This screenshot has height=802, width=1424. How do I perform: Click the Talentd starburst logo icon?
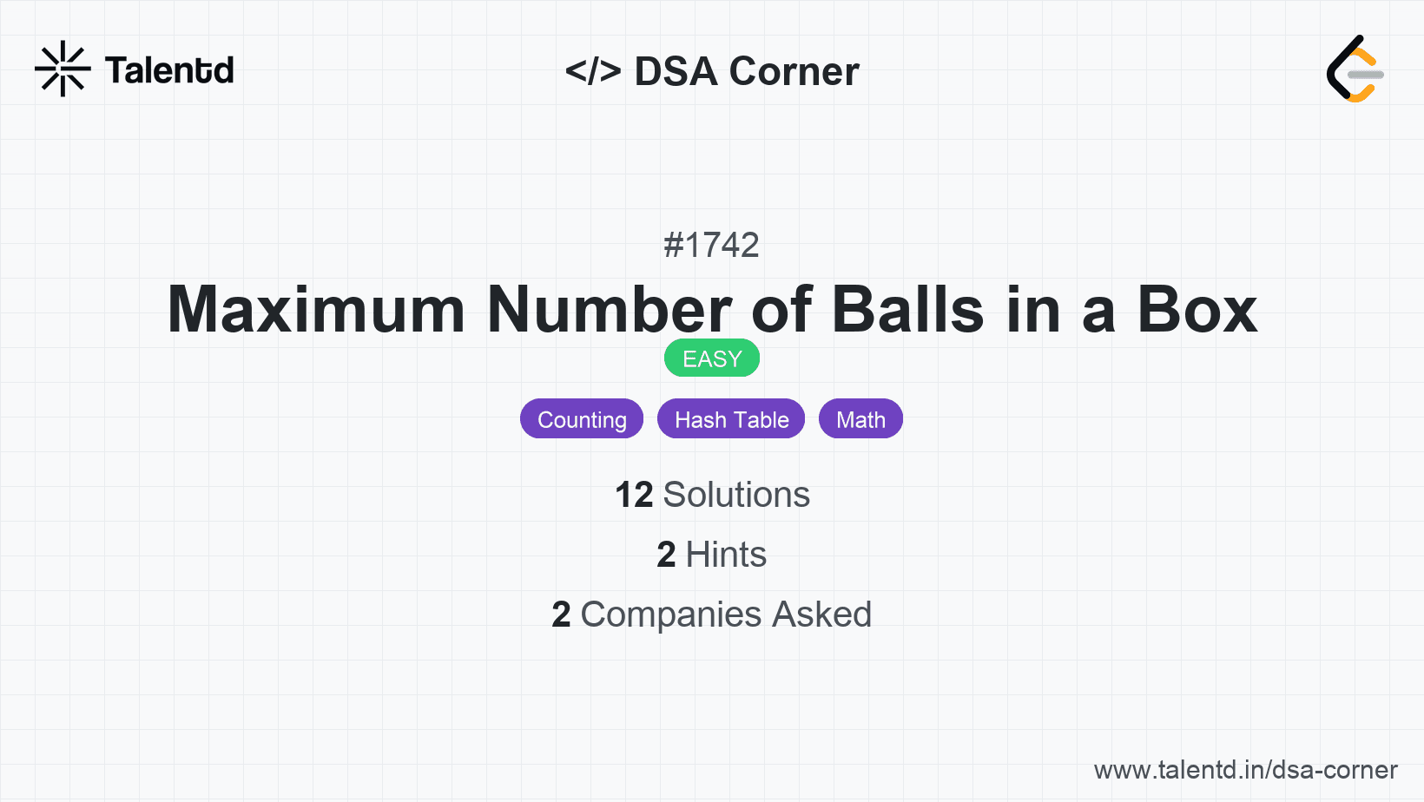click(x=63, y=69)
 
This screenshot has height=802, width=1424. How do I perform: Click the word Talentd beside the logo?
click(x=169, y=70)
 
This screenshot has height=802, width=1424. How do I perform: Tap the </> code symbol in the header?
click(x=593, y=71)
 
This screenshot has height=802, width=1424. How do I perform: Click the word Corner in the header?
click(x=794, y=71)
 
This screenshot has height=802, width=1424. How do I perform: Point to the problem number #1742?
click(x=711, y=245)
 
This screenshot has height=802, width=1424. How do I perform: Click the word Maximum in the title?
click(x=316, y=310)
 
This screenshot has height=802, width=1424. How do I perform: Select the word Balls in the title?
click(x=908, y=310)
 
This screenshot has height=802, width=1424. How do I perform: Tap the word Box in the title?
click(x=1197, y=310)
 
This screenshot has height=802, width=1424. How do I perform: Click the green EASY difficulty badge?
click(x=712, y=358)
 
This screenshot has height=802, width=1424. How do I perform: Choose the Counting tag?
click(x=582, y=419)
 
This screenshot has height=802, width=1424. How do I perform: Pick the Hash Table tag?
click(x=731, y=419)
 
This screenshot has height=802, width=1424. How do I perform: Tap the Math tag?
click(x=860, y=419)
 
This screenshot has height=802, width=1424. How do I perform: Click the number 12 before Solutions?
click(x=634, y=495)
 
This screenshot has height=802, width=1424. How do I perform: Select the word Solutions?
click(x=736, y=495)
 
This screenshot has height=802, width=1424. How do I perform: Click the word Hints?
click(x=726, y=554)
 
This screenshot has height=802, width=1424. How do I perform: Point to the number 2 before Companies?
click(x=561, y=615)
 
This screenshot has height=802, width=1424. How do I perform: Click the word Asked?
click(x=822, y=614)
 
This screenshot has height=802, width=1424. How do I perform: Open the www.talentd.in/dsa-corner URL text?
click(x=1245, y=770)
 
